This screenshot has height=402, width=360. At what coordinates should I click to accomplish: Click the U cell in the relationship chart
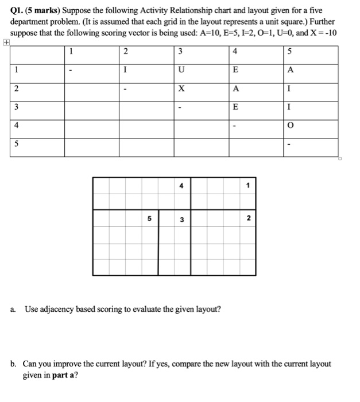click(181, 70)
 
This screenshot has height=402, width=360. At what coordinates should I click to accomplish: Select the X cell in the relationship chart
click(181, 90)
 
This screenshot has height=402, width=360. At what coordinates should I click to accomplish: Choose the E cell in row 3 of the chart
click(235, 108)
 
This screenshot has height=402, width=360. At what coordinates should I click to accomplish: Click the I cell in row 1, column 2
click(126, 70)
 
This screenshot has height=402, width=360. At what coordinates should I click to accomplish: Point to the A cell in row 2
click(235, 90)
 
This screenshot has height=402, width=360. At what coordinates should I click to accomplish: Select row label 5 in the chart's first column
click(17, 145)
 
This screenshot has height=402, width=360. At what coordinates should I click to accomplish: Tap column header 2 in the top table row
click(126, 52)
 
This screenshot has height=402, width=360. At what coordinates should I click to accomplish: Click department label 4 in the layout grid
click(181, 185)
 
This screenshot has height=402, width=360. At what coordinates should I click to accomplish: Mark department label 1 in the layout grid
click(247, 185)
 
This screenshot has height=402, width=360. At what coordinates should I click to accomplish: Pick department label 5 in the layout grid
click(149, 219)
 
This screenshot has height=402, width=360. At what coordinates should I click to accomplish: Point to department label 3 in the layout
click(181, 219)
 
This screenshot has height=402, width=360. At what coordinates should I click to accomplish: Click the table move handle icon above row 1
click(6, 42)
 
